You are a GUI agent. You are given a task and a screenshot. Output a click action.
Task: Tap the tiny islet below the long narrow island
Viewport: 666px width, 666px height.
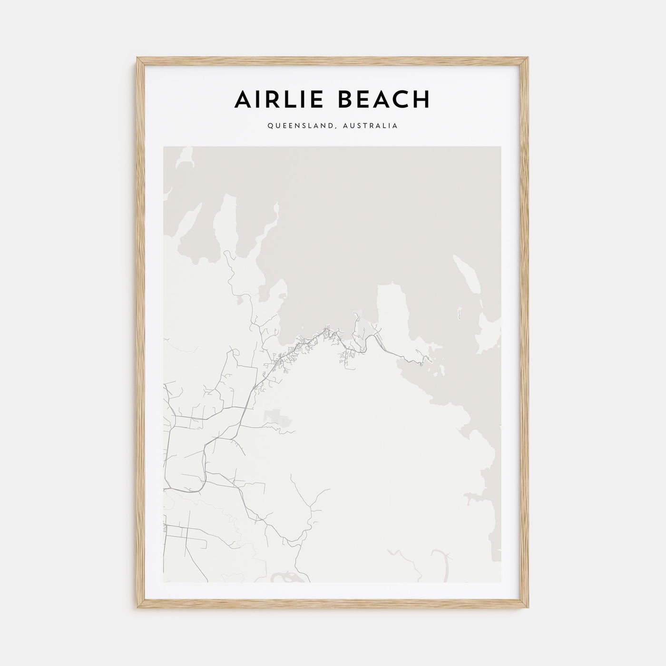[460, 313]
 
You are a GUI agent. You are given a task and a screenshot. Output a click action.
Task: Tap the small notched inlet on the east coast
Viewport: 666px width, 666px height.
[471, 497]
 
